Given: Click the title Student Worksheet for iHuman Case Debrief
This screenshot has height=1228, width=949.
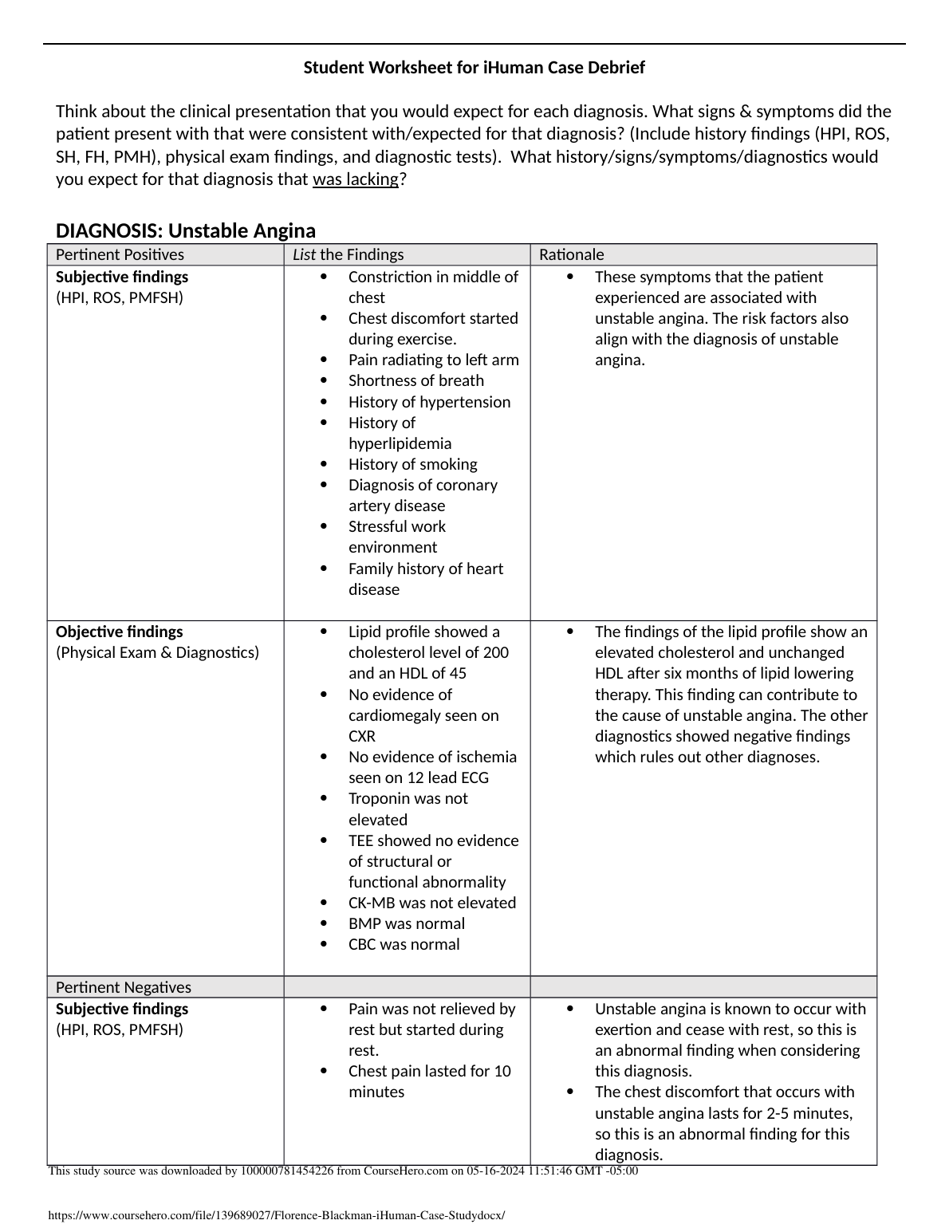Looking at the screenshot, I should click(474, 68).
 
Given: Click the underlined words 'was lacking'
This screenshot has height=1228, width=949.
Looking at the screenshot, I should click(355, 179).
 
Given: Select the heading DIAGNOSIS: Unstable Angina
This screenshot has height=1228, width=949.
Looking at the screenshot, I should click(186, 230).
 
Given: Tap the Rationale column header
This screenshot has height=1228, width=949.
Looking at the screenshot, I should click(571, 254).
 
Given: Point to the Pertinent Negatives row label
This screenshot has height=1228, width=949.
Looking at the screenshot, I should click(123, 986).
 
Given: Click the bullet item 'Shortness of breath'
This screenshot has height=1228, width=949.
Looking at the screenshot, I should click(415, 380).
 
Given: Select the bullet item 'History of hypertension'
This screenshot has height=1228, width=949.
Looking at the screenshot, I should click(429, 402).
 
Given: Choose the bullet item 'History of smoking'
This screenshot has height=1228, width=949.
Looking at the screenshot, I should click(412, 464).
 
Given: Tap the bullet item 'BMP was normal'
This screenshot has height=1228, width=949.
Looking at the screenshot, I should click(406, 923).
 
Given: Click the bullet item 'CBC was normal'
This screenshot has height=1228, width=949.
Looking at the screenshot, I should click(404, 944).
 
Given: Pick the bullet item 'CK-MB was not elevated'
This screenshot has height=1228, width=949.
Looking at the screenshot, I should click(431, 903).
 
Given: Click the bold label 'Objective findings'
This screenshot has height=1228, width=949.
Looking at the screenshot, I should click(119, 632).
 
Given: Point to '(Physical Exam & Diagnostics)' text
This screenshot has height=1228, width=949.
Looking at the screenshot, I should click(157, 652).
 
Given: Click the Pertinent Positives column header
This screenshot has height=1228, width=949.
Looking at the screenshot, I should click(120, 254).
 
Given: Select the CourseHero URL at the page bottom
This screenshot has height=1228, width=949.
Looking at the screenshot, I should click(277, 1215).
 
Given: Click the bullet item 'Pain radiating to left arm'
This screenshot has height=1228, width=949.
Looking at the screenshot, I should click(433, 360).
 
